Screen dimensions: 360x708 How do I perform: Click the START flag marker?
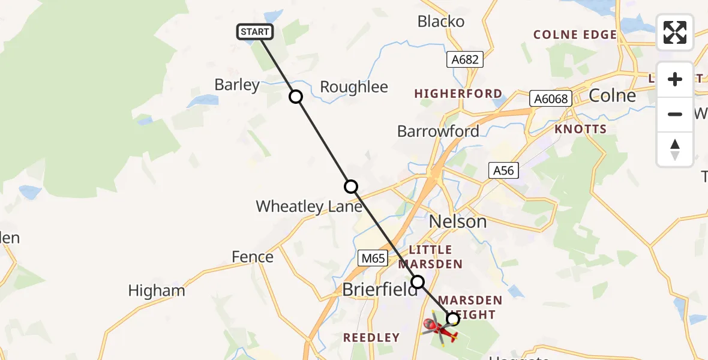(x=255, y=32)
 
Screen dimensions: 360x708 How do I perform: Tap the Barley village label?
(x=237, y=85)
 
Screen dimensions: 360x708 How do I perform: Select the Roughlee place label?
(x=354, y=87)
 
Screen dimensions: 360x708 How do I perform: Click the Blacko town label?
(x=441, y=22)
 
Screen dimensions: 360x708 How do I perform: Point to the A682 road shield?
(x=465, y=59)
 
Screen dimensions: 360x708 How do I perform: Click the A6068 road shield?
(x=551, y=98)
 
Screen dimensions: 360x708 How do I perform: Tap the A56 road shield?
(x=503, y=170)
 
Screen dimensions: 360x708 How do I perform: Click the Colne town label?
(x=612, y=95)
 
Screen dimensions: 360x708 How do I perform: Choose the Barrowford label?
(x=438, y=131)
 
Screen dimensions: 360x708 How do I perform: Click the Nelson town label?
(x=458, y=221)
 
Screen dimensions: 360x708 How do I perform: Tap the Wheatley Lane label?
(x=309, y=207)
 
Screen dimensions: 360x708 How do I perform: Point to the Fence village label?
(x=253, y=257)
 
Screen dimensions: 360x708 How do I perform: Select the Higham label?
(x=157, y=292)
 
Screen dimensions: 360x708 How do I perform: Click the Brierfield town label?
(x=379, y=289)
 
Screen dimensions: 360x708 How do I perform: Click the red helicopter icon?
(x=440, y=329)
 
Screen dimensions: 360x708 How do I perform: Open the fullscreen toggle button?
(x=675, y=32)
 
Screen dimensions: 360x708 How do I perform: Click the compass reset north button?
(x=675, y=149)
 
